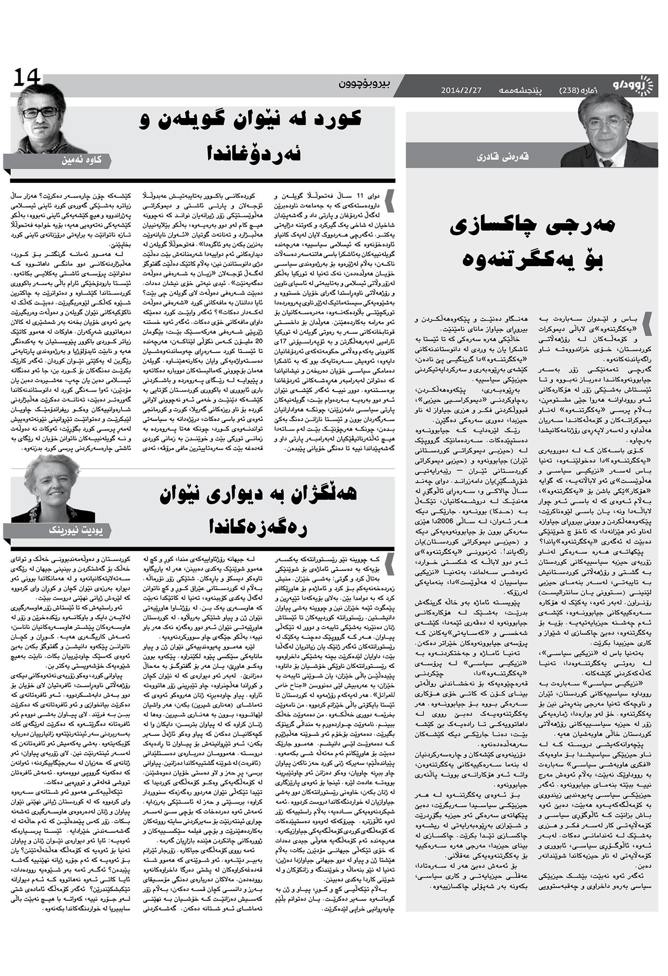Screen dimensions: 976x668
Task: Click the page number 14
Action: [27, 77]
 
